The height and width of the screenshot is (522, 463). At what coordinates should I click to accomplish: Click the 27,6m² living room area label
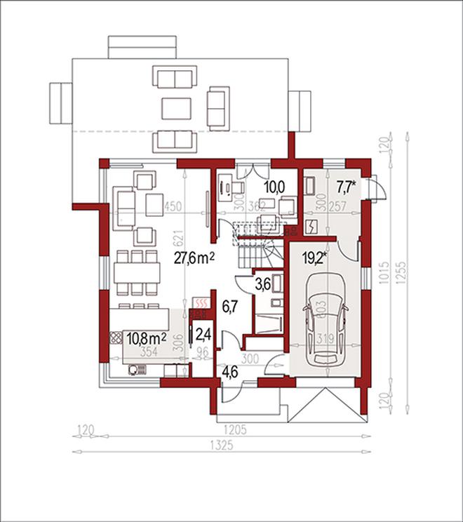pyautogui.click(x=193, y=257)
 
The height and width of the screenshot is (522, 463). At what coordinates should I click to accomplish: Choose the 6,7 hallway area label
pyautogui.click(x=231, y=306)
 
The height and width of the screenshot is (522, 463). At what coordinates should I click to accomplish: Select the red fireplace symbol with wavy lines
pyautogui.click(x=201, y=303)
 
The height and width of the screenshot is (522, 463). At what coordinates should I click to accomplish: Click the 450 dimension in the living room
pyautogui.click(x=173, y=207)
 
